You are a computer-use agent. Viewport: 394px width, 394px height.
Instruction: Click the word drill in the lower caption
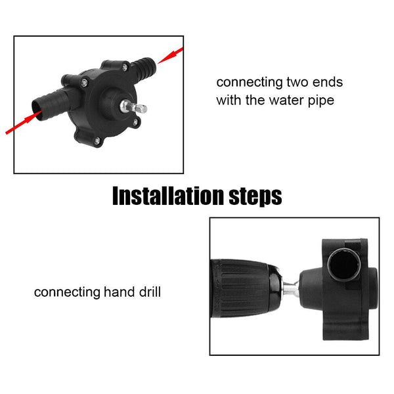pos(147,292)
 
